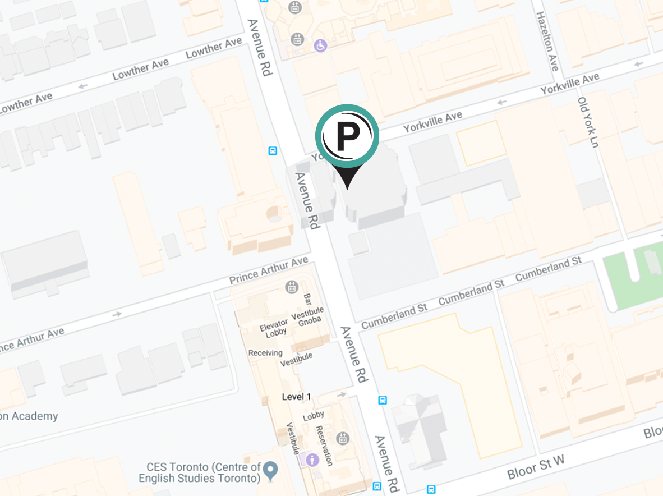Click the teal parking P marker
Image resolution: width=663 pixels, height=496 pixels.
pos(347,136)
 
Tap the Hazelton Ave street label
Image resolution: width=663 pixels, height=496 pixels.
pos(548,42)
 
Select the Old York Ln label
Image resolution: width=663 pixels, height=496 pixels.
pos(588,122)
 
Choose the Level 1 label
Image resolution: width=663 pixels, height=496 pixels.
pos(296,397)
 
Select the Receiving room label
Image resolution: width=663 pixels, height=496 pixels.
pos(265,353)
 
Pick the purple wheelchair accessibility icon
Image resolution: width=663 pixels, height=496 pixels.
pos(320,45)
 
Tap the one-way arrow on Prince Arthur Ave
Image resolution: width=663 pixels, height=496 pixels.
pos(117,314)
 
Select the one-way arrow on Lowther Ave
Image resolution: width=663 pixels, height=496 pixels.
pos(83,86)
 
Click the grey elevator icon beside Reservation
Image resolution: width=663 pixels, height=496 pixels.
pos(343,438)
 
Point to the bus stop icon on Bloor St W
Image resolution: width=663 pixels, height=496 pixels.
pos(431,489)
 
